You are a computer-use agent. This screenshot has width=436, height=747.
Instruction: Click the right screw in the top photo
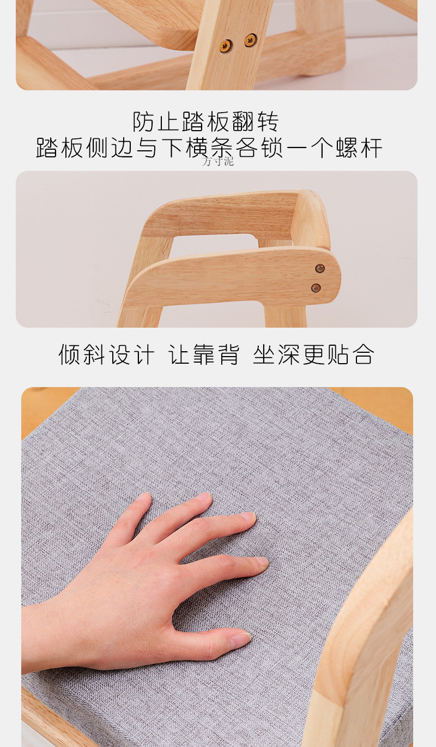click(250, 40)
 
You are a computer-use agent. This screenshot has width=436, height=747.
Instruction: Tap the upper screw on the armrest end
click(320, 268)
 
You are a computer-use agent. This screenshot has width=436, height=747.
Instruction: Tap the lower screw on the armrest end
click(316, 287)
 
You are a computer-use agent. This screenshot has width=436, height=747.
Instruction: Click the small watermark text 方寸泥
click(218, 161)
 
